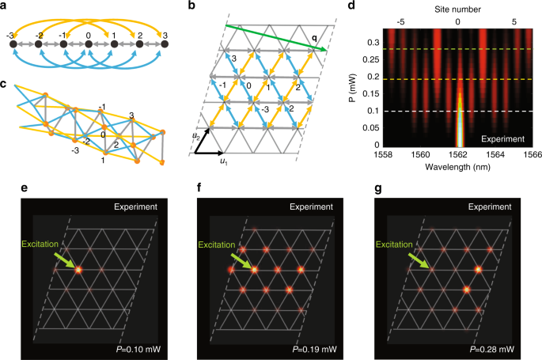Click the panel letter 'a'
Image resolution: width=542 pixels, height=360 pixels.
(x=6, y=6)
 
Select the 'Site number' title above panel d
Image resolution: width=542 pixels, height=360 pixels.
(x=458, y=7)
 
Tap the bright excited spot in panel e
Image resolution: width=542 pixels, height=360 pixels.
(x=79, y=270)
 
